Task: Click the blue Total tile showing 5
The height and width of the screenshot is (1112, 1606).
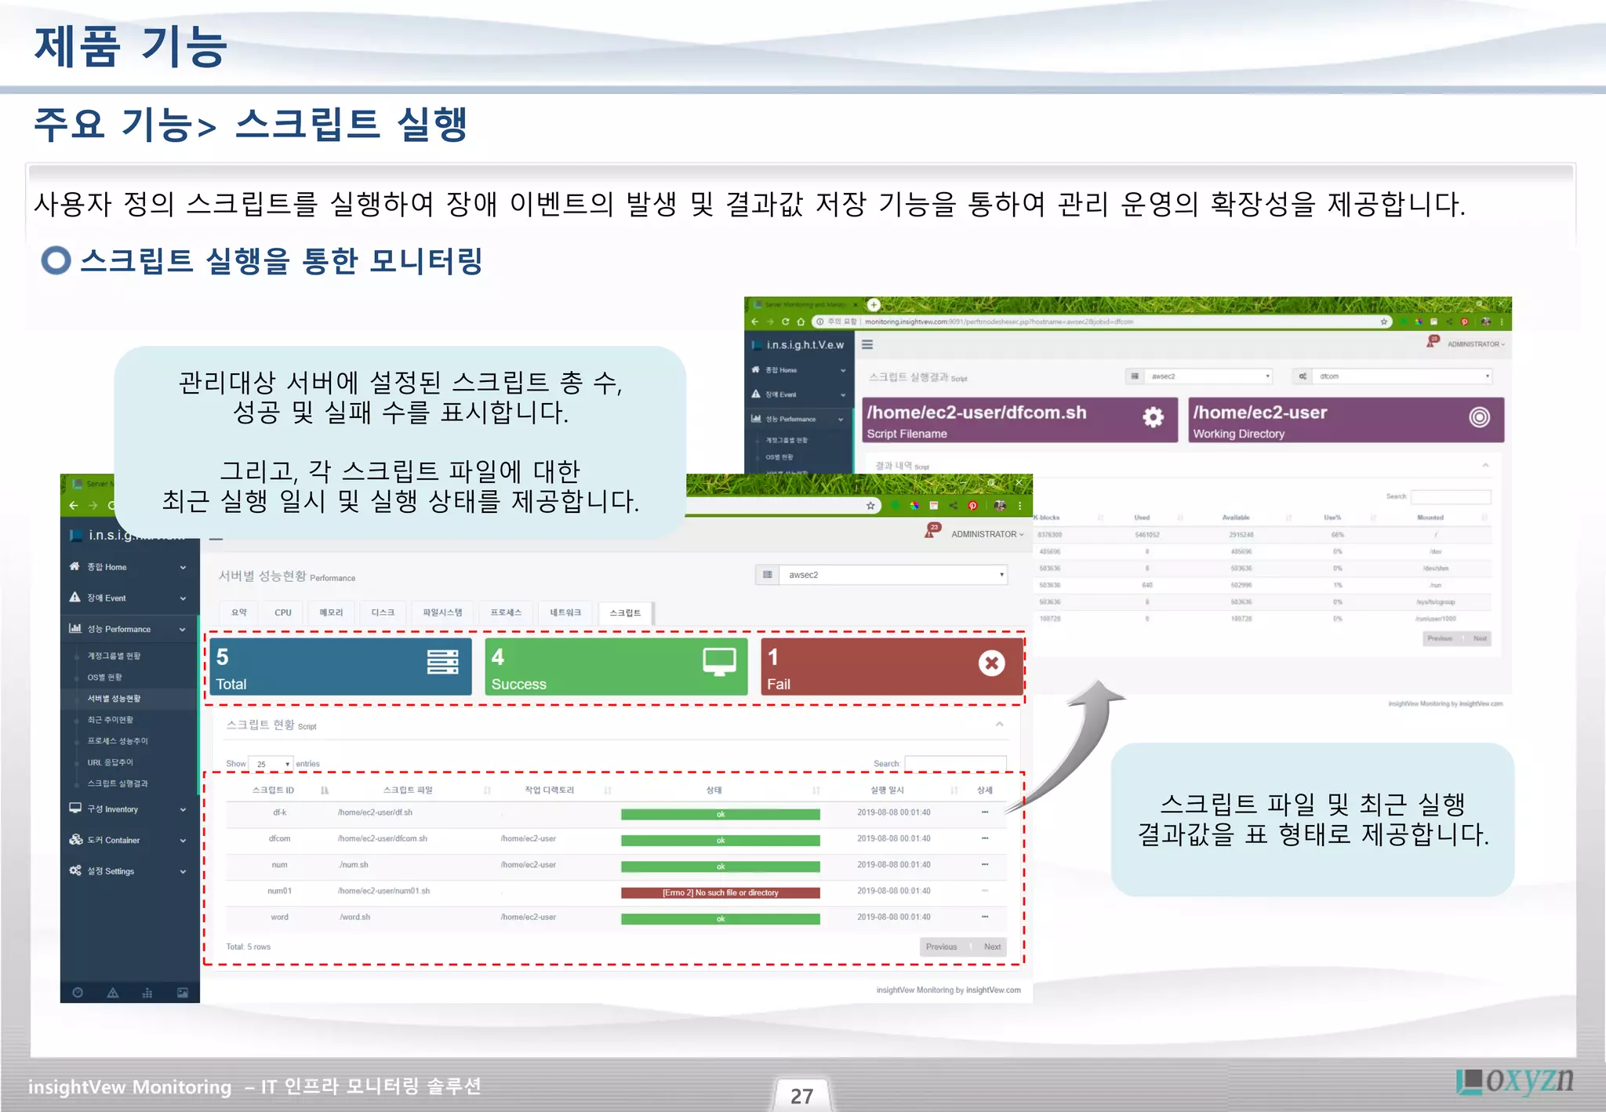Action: pyautogui.click(x=340, y=667)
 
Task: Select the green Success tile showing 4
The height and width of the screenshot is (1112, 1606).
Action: pyautogui.click(x=616, y=667)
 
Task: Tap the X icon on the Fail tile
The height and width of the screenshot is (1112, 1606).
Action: pyautogui.click(x=991, y=663)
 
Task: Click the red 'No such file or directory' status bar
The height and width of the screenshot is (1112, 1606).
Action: pyautogui.click(x=720, y=892)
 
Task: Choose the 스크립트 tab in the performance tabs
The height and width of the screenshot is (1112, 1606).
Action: pyautogui.click(x=625, y=613)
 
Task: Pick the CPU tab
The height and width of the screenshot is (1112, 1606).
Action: pyautogui.click(x=283, y=613)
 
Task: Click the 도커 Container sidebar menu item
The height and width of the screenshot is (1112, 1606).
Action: pyautogui.click(x=114, y=840)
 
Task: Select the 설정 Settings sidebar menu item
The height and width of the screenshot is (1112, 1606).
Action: pyautogui.click(x=111, y=871)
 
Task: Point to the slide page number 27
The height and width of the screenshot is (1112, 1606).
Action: pyautogui.click(x=801, y=1096)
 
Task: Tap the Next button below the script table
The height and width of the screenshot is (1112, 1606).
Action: pyautogui.click(x=992, y=947)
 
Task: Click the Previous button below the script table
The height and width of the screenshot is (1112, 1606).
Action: pyautogui.click(x=941, y=947)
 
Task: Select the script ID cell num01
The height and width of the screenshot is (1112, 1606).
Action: pyautogui.click(x=279, y=891)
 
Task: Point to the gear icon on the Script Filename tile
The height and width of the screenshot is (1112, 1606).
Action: pyautogui.click(x=1152, y=417)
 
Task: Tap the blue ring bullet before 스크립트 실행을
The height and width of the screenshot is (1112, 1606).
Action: pyautogui.click(x=56, y=261)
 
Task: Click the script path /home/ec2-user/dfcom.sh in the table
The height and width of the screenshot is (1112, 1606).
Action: pyautogui.click(x=383, y=838)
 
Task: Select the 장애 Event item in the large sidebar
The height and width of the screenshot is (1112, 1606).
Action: pyautogui.click(x=107, y=598)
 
